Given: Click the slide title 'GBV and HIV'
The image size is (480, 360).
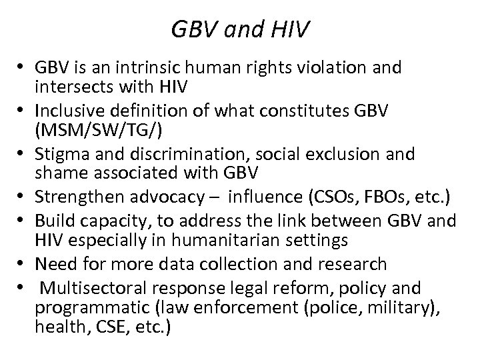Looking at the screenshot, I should tap(240, 29).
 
